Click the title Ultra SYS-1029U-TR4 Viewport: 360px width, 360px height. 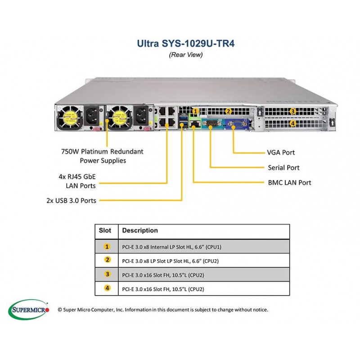coord(185,43)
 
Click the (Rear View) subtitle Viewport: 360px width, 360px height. coord(186,55)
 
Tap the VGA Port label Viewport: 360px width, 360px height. coord(281,153)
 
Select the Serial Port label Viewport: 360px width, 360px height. coord(283,167)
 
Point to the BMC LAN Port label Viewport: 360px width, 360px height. coord(289,183)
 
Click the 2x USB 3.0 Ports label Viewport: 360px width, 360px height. coord(71,200)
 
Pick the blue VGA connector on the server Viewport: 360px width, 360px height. coord(237,124)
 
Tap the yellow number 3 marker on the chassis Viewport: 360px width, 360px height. coord(293,112)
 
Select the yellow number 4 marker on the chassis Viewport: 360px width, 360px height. coord(293,123)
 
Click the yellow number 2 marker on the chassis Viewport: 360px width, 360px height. coord(228,112)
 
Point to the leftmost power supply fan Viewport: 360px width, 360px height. coord(70,117)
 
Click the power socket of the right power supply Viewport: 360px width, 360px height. coord(141,116)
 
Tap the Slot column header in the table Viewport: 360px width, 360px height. coord(105,230)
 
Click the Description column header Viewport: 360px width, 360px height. coord(140,230)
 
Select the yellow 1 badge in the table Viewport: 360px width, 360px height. coord(107,247)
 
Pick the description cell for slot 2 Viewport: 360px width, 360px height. coord(204,261)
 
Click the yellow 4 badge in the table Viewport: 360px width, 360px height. coord(107,288)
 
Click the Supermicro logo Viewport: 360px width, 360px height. coord(28,310)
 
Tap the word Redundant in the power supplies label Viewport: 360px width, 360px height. coord(127,152)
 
